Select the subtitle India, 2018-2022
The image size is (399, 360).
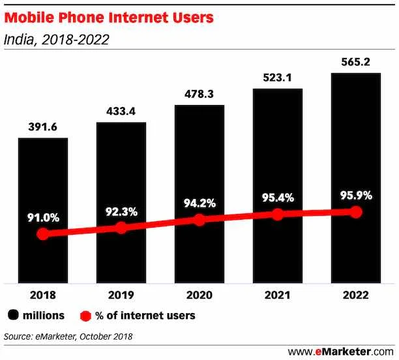tap(56, 40)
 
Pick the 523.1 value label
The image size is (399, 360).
tap(277, 78)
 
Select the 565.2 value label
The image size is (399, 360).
tap(355, 62)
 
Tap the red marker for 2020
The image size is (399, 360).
tap(199, 220)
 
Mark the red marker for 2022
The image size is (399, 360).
tap(355, 212)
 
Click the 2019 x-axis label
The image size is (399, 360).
tap(121, 295)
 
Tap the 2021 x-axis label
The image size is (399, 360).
tap(277, 295)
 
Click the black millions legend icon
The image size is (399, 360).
tap(12, 316)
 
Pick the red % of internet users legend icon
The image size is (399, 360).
tap(84, 316)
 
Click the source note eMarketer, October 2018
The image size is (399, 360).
tap(68, 337)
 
